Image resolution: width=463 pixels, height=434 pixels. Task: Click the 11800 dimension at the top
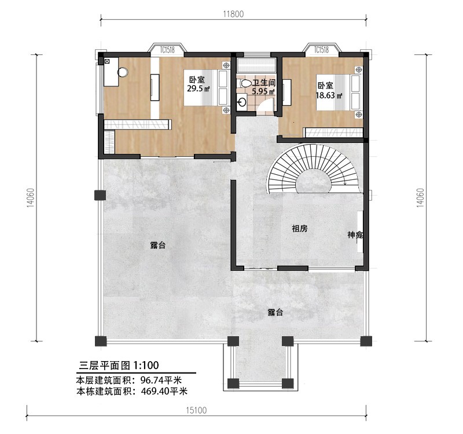pos(233,14)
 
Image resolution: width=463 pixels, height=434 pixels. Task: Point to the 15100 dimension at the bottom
pos(196,410)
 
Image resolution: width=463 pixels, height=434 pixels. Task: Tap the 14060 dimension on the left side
pos(31,198)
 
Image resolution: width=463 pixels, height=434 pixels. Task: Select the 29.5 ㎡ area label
pos(199,89)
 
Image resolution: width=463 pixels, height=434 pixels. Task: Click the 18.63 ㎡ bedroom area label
pos(329,95)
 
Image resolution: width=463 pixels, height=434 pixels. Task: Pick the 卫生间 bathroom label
pos(264,83)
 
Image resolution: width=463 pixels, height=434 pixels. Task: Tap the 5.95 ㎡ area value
pos(263,91)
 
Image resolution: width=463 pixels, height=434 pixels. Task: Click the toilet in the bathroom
pos(245,83)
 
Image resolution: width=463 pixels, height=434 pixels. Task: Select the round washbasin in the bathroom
pos(242,102)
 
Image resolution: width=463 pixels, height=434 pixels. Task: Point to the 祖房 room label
pos(300,228)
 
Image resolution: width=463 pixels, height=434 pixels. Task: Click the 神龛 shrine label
pos(355,235)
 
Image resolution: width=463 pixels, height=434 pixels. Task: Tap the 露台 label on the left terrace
pos(157,245)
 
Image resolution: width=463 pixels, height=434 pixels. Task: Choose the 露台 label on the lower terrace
pos(275,312)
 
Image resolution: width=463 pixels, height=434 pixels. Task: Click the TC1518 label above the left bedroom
pos(167,50)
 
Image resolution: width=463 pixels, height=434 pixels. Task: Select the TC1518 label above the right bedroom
pos(321,50)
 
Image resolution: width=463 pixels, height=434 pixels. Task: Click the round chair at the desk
pos(123,72)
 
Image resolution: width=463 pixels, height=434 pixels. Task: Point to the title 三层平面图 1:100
pos(119,365)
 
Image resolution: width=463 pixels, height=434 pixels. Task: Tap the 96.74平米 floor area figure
pos(161,380)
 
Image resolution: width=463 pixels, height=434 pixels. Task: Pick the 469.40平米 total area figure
pos(164,391)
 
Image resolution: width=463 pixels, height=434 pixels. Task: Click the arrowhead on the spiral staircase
pos(345,183)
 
